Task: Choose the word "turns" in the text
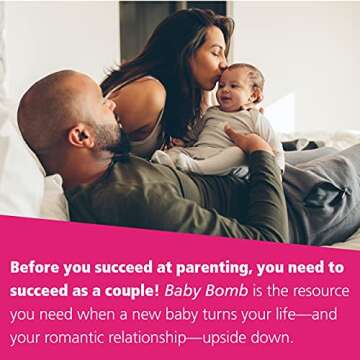tap(227, 313)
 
